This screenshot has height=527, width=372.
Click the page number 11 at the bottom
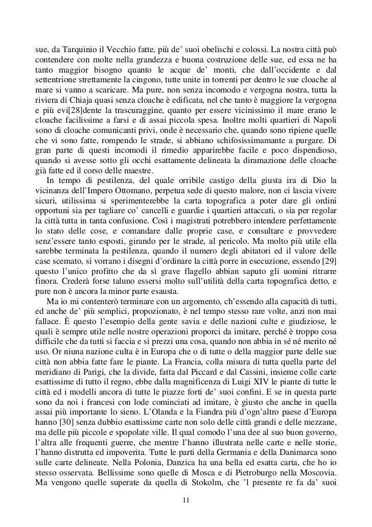(x=186, y=513)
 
